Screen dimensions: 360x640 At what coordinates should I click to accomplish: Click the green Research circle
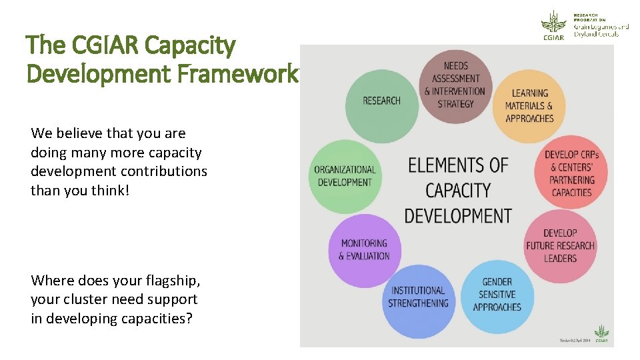[x=381, y=101]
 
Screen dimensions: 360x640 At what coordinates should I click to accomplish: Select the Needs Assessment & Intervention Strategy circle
[x=455, y=85]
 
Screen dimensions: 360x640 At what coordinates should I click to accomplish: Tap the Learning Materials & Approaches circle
[x=529, y=106]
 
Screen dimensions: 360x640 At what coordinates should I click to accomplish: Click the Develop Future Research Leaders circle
[x=560, y=245]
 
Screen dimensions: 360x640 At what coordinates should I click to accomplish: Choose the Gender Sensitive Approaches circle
[x=497, y=295]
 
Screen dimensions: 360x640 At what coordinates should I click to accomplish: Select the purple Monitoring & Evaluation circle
[x=364, y=249]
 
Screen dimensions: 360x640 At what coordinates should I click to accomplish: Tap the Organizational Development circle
[x=345, y=176]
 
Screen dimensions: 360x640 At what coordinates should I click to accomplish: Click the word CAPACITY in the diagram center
[x=458, y=191]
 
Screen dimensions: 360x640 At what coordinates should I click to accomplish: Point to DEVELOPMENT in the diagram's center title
[x=458, y=216]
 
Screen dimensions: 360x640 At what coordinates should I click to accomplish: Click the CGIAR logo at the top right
[x=553, y=25]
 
